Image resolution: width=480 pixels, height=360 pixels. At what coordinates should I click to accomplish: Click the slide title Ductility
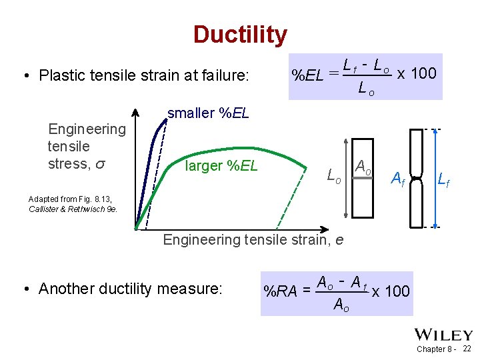(x=240, y=34)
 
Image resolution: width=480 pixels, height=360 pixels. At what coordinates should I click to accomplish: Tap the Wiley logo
(x=444, y=335)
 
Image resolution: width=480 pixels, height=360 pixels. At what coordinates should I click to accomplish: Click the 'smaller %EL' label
(x=208, y=113)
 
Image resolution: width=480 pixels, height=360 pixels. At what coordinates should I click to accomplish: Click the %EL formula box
(x=365, y=76)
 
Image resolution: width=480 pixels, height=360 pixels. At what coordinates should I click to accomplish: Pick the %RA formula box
(x=337, y=293)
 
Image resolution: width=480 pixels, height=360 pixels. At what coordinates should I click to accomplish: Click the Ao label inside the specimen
(x=363, y=167)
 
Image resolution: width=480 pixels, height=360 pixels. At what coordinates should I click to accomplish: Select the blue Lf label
(x=443, y=178)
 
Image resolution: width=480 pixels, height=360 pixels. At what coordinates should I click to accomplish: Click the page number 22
(x=467, y=349)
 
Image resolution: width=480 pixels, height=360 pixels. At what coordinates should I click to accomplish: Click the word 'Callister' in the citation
(x=43, y=209)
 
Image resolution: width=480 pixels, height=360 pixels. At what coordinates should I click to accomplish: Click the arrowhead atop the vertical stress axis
(x=135, y=111)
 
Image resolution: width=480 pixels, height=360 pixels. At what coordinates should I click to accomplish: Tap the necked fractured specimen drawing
(x=416, y=178)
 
